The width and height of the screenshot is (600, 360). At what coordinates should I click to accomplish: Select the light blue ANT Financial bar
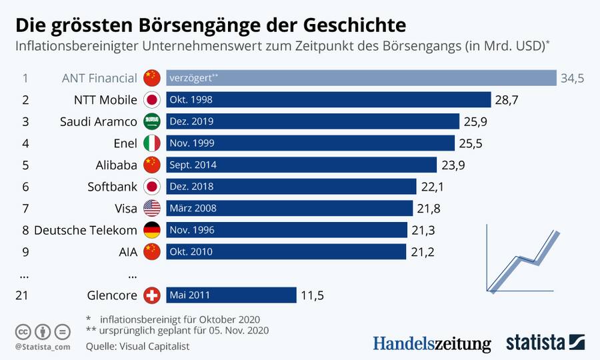[361, 78]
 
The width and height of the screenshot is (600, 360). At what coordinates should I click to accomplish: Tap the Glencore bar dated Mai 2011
[231, 295]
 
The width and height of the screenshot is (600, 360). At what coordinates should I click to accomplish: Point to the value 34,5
[572, 78]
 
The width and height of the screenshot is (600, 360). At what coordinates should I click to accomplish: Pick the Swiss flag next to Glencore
[152, 295]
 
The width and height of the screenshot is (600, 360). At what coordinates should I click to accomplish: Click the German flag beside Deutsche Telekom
[152, 230]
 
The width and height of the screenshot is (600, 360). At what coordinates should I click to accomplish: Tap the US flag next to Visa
[152, 208]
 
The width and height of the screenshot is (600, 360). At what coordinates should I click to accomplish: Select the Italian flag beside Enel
[152, 143]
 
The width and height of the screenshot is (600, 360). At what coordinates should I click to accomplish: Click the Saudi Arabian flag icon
[152, 121]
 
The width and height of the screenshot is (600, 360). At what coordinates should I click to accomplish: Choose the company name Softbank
[113, 187]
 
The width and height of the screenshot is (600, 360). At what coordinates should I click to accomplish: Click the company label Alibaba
[117, 165]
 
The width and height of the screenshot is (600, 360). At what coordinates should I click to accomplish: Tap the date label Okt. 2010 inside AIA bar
[192, 251]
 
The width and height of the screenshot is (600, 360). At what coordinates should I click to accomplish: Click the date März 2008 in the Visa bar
[193, 208]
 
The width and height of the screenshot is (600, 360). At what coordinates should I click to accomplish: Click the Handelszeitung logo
[431, 343]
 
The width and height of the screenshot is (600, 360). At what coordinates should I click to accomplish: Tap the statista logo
[545, 343]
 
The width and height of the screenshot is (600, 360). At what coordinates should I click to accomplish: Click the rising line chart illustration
[523, 260]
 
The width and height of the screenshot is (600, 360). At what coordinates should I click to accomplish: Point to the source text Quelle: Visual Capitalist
[137, 346]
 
